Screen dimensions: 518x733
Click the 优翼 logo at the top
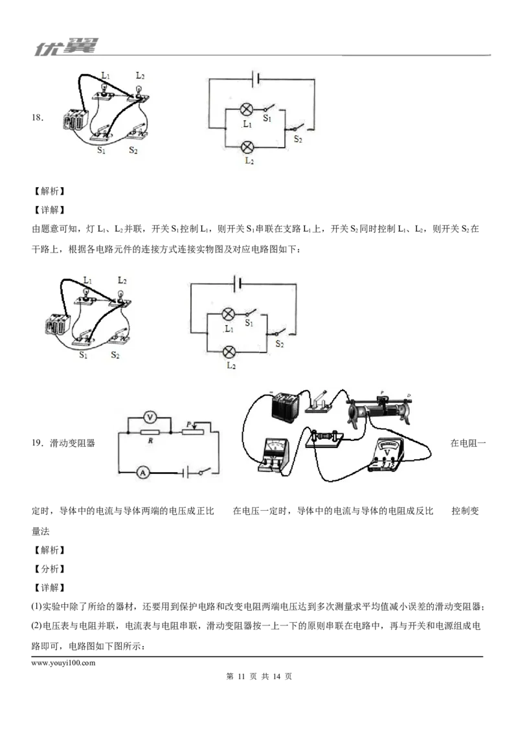coord(67,47)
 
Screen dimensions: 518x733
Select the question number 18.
coord(36,118)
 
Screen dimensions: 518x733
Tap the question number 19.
coord(36,443)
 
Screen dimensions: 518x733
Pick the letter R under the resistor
coord(150,440)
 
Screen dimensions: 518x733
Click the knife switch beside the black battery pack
coord(319,402)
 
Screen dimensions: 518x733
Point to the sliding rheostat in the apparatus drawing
coord(379,411)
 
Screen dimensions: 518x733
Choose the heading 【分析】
coord(49,569)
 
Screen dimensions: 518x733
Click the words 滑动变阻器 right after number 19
coord(73,443)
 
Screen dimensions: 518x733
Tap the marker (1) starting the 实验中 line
coord(36,607)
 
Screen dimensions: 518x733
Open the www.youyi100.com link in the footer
coord(63,663)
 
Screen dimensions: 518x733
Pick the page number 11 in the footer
coord(242,677)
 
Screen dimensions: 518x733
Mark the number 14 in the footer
coord(276,677)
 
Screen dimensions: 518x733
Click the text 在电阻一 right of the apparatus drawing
coord(468,443)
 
